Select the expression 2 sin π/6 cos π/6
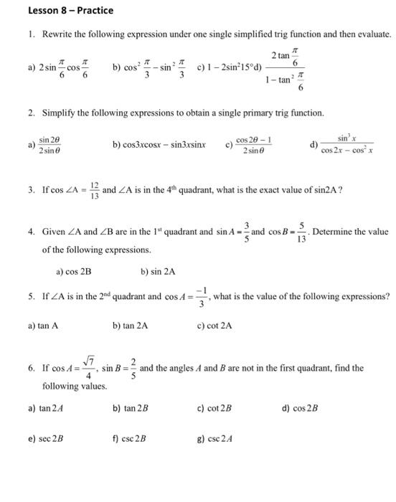tap(67, 68)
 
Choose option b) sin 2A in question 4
tap(159, 272)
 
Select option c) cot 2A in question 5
tap(214, 325)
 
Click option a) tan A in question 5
tap(43, 325)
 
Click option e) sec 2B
tap(46, 437)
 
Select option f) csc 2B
tap(130, 437)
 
